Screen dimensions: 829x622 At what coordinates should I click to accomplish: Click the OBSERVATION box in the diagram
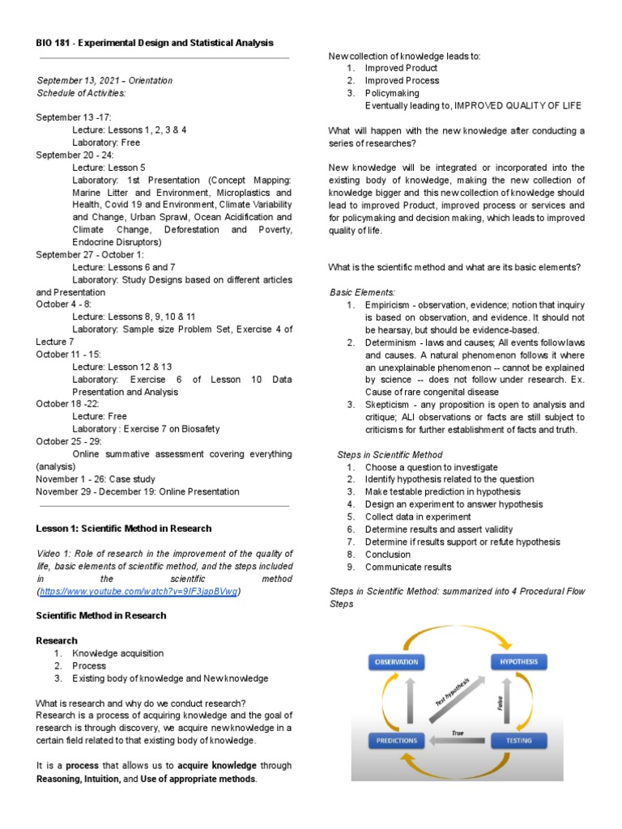click(x=396, y=661)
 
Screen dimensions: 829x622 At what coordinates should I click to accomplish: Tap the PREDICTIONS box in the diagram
click(x=396, y=740)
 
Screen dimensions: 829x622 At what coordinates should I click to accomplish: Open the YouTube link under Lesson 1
click(x=139, y=592)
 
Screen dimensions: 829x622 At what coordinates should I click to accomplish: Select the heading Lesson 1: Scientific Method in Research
click(x=123, y=528)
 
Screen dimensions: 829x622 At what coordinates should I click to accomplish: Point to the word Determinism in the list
click(x=393, y=342)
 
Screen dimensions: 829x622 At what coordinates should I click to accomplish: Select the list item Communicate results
click(x=408, y=567)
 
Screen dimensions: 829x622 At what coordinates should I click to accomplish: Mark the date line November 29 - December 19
click(x=138, y=491)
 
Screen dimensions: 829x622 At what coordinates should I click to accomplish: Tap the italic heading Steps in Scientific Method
click(x=390, y=454)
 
